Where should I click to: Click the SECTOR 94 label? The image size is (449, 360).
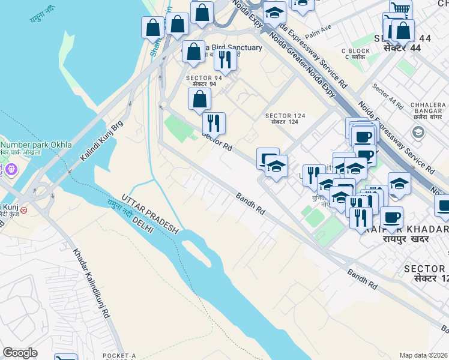click(204, 78)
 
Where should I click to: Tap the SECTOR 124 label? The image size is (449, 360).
click(285, 116)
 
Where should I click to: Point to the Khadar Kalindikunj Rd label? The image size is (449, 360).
click(91, 283)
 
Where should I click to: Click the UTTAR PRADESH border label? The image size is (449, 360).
click(149, 214)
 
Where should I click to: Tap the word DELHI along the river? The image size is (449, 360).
click(139, 222)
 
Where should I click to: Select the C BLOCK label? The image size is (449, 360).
click(355, 51)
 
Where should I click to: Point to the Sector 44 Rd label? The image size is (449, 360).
click(387, 96)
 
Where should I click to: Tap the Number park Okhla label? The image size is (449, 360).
click(36, 145)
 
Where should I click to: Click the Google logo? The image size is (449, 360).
click(20, 353)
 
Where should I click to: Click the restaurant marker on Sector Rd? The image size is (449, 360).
click(214, 123)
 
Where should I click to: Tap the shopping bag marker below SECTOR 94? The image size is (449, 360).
click(199, 99)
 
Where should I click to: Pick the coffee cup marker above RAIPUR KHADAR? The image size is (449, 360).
click(391, 217)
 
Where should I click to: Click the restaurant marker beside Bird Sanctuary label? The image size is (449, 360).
click(225, 59)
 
